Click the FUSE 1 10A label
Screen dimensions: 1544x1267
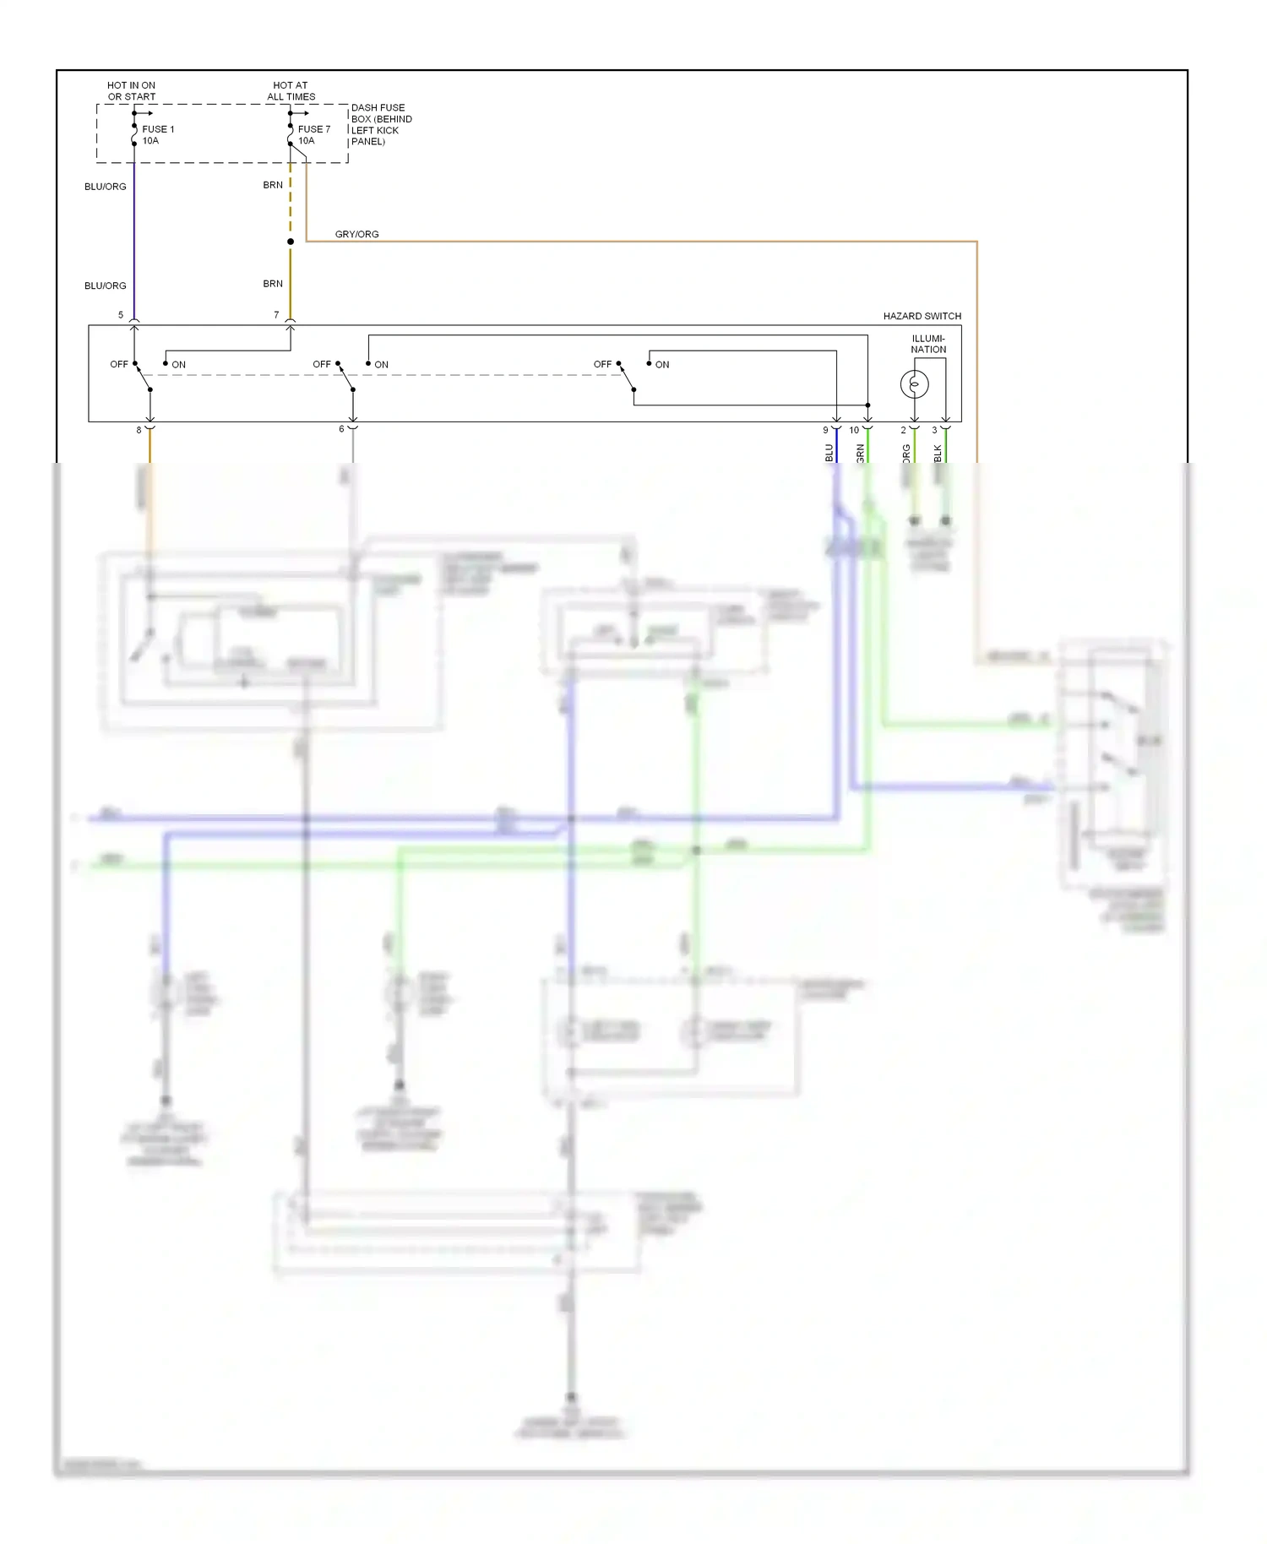click(x=157, y=135)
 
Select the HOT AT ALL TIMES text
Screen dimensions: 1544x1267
click(x=291, y=91)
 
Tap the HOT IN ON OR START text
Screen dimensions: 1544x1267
click(x=131, y=91)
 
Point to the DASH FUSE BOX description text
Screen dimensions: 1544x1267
click(x=381, y=124)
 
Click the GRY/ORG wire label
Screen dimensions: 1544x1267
click(x=356, y=234)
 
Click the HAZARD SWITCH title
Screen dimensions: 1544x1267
click(x=922, y=316)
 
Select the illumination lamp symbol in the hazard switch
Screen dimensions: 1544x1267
click(x=914, y=384)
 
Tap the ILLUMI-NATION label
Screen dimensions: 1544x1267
click(x=927, y=344)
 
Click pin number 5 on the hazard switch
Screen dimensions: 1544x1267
click(x=121, y=315)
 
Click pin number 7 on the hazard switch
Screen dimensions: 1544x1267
click(x=276, y=315)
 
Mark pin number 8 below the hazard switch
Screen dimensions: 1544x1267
click(x=139, y=430)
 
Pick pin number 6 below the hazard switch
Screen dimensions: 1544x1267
click(x=341, y=429)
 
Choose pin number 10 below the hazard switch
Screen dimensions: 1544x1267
click(x=854, y=430)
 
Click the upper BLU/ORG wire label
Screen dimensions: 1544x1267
click(x=105, y=187)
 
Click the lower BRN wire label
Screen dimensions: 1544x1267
click(x=272, y=284)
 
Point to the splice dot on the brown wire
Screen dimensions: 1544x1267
click(x=291, y=242)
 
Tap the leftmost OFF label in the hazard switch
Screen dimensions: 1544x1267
click(x=118, y=364)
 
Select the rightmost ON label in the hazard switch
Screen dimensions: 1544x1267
click(x=662, y=365)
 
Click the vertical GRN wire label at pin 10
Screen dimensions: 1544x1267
click(x=860, y=454)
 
